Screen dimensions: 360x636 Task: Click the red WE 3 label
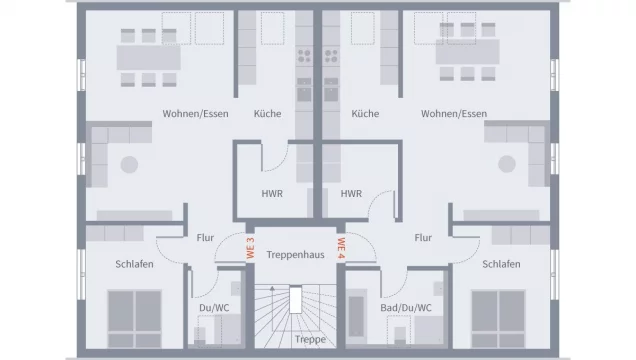[251, 247]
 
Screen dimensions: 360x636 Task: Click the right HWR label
[351, 194]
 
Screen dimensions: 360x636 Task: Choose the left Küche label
[267, 114]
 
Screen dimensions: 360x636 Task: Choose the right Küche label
[364, 114]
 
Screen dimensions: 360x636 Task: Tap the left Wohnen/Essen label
[195, 114]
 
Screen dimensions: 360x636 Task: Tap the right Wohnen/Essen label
[454, 114]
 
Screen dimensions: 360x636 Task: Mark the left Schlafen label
[119, 264]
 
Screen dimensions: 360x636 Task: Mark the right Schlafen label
[501, 264]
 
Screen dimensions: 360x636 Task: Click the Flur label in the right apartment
[422, 239]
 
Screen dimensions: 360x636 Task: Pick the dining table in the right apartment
[471, 57]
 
